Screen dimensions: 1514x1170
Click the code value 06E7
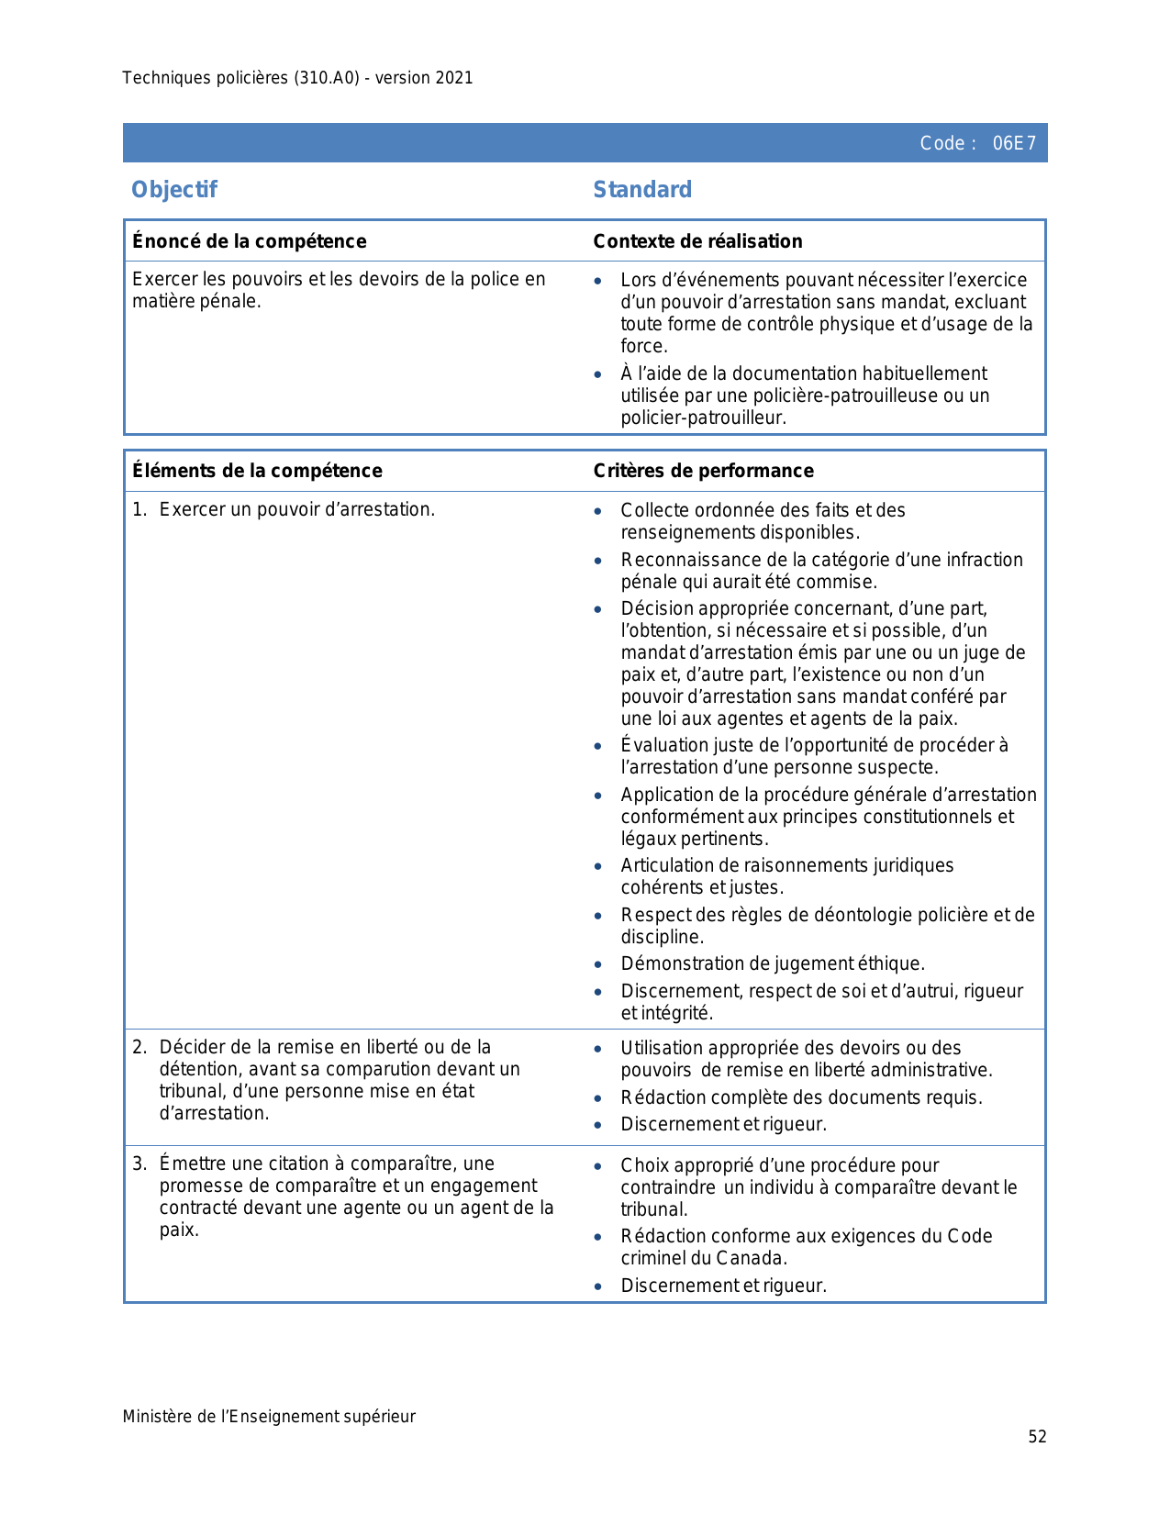[1014, 143]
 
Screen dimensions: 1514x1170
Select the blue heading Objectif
[174, 190]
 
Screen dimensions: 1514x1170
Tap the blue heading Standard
[642, 190]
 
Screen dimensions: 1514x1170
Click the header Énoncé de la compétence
[249, 241]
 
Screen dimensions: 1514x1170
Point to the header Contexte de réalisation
[697, 241]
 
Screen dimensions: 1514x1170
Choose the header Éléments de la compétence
[257, 471]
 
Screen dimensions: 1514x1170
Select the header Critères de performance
[703, 471]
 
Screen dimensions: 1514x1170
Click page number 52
[1037, 1437]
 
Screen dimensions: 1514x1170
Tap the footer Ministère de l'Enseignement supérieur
[269, 1417]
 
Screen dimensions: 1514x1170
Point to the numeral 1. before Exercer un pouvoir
[139, 509]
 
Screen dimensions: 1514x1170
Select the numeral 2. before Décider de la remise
[139, 1047]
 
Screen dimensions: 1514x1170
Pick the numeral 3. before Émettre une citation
[139, 1163]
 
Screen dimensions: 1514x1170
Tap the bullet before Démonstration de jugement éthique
[598, 964]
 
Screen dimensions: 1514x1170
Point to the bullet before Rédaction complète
[598, 1098]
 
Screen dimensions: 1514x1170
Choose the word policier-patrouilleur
[703, 417]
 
